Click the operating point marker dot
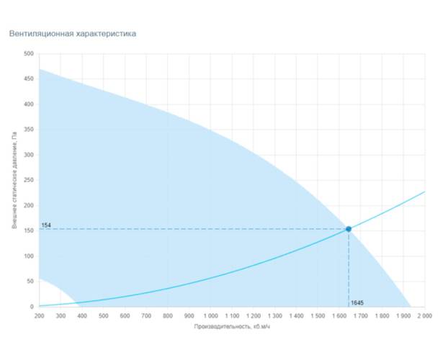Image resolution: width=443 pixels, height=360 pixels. [x=349, y=229]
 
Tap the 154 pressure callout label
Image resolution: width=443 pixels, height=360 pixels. [x=45, y=225]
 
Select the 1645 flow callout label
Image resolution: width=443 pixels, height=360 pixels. [x=357, y=302]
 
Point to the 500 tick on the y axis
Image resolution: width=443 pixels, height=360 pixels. [x=28, y=54]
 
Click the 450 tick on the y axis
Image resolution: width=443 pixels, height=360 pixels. [x=28, y=79]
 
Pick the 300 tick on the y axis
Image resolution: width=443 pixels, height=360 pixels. [x=28, y=156]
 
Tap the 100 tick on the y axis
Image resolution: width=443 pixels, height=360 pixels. [x=28, y=256]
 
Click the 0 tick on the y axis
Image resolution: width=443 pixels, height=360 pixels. [x=31, y=307]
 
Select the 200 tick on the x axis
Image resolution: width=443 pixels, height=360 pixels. [x=39, y=315]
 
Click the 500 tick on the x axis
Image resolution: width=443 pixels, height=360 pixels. [x=103, y=315]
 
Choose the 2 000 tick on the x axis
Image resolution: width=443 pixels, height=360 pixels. [x=424, y=315]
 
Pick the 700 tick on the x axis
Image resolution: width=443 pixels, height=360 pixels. [x=146, y=315]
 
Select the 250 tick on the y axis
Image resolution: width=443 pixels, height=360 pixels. [x=28, y=181]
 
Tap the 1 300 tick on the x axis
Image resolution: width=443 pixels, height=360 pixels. [x=274, y=315]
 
